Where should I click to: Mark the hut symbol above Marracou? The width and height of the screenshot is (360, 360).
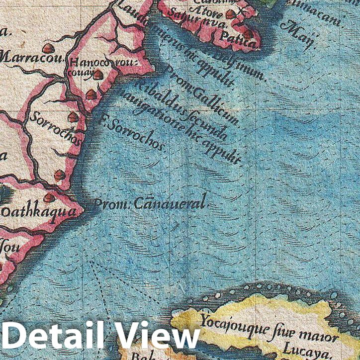point(48,48)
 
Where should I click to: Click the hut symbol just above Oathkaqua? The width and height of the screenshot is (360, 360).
point(49,198)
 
